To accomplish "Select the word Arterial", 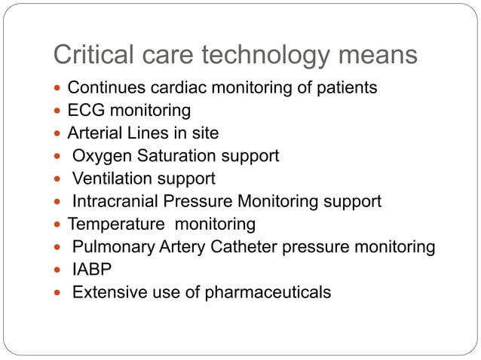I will [x=94, y=133].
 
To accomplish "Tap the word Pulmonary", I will [x=110, y=247].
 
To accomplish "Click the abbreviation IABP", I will [x=89, y=269].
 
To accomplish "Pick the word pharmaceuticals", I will [x=268, y=291].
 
